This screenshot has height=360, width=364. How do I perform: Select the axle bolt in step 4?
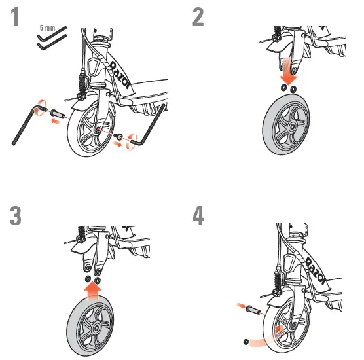pos(253,307)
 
